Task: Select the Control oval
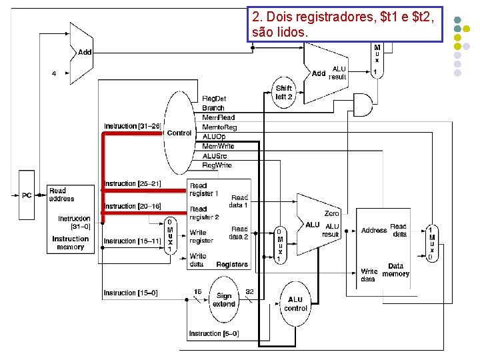(x=179, y=133)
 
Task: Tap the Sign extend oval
(x=224, y=299)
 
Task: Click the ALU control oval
(x=295, y=304)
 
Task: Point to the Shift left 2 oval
(x=284, y=93)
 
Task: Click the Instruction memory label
(x=71, y=243)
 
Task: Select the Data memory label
(x=396, y=269)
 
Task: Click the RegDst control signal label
(x=214, y=99)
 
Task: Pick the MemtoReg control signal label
(x=219, y=127)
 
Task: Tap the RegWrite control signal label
(x=217, y=165)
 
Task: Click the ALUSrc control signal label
(x=215, y=155)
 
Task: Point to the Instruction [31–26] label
(x=133, y=126)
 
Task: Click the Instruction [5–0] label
(x=213, y=333)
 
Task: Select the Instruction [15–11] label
(x=132, y=241)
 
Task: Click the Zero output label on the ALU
(x=331, y=213)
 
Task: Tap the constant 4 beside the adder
(x=54, y=73)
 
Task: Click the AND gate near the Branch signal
(x=362, y=104)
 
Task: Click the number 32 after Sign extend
(x=249, y=291)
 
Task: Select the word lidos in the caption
(x=291, y=31)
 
